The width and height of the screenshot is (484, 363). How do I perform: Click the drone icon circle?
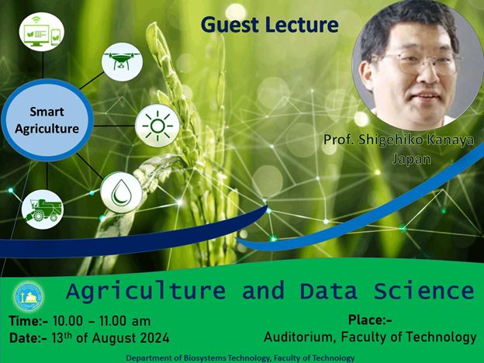123,62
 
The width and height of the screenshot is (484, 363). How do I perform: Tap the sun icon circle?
157,126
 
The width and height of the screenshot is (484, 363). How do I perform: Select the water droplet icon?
121,192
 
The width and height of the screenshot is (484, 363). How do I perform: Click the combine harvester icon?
43,209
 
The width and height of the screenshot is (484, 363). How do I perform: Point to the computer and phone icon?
42,32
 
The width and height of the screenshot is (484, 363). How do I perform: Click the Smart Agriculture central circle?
47,120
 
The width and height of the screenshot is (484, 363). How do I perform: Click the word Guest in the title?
230,25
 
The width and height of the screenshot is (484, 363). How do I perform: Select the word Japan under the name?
411,159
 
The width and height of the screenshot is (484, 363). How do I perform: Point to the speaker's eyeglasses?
415,64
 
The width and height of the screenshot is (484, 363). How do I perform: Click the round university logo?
29,296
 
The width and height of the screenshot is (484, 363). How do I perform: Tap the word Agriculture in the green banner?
146,292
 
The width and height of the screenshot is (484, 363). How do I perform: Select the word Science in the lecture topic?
423,291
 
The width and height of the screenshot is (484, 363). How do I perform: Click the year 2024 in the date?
154,338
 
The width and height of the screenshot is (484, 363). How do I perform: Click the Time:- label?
29,321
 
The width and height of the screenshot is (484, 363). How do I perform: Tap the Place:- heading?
370,320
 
